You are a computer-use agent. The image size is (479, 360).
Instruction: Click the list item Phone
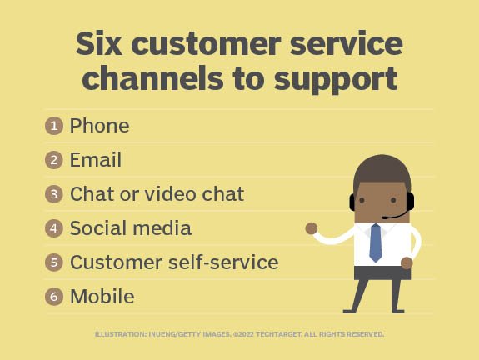tap(99, 126)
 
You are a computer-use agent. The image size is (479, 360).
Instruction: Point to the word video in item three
tap(168, 194)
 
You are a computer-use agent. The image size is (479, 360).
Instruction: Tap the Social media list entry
tap(130, 228)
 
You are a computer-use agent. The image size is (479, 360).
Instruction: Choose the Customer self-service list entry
tap(173, 262)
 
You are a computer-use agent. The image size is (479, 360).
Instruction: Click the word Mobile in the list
tap(102, 297)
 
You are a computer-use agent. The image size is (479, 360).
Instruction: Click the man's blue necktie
tap(375, 242)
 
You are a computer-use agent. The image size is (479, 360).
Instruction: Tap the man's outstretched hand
tap(312, 227)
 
